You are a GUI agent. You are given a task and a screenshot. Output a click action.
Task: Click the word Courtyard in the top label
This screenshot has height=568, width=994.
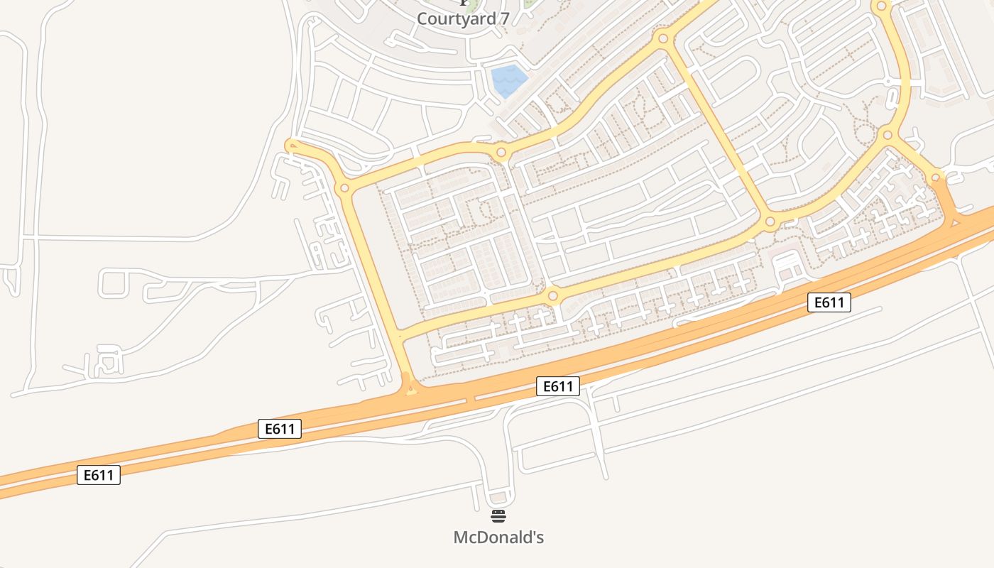point(454,19)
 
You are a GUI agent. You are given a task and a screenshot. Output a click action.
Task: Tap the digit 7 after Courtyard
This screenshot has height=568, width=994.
point(503,19)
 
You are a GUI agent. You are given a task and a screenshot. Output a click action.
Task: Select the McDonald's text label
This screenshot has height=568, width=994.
point(498,537)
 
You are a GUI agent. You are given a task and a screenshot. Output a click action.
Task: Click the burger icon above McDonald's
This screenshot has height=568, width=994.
point(498,515)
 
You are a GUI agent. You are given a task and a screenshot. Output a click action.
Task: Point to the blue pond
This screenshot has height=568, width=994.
point(509,80)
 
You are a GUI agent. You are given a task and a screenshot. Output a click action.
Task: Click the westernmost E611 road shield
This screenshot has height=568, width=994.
point(99,475)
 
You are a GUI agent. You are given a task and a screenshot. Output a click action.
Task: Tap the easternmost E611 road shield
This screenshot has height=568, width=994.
point(829,302)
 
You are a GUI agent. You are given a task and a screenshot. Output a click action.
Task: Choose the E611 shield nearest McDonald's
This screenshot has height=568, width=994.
point(557,386)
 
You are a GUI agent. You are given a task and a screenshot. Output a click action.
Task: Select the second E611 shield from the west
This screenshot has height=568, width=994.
point(280,429)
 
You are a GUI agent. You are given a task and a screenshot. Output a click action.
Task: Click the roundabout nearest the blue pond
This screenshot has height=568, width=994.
point(501,152)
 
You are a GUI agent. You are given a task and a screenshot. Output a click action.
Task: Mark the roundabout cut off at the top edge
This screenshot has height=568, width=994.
point(881,6)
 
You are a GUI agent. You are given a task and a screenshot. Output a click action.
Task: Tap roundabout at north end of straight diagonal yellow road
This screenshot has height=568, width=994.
point(663,38)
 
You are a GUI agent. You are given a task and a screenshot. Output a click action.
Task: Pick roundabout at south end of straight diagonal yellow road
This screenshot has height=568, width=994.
point(770,223)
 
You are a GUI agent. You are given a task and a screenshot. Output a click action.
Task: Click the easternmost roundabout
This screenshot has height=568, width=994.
point(936,177)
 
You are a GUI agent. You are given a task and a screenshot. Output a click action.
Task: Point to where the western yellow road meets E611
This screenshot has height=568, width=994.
point(410,388)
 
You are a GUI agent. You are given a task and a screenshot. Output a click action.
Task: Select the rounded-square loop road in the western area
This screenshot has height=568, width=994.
point(114,283)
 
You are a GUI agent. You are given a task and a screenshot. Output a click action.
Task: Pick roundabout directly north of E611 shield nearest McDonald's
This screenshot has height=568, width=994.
point(553,295)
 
